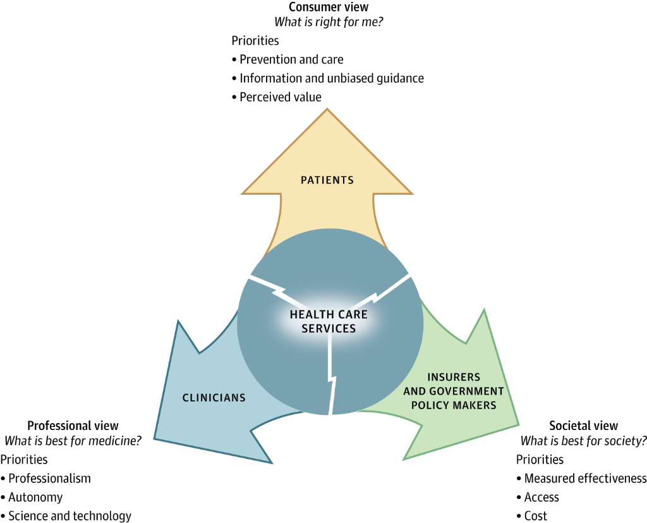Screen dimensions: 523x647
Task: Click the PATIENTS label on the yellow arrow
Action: [327, 180]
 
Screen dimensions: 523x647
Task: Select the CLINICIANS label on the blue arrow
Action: [214, 398]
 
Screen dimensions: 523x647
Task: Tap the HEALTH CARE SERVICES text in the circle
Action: [329, 321]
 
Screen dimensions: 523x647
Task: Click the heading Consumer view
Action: [328, 8]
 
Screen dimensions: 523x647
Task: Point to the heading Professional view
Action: [73, 426]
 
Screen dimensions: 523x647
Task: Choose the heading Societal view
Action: [583, 426]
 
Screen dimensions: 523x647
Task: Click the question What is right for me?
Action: [328, 22]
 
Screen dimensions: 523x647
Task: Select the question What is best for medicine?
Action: [73, 441]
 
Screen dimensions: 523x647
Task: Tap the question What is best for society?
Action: [583, 441]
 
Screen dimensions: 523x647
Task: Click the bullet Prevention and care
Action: [291, 59]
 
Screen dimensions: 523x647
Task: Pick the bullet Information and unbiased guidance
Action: [331, 78]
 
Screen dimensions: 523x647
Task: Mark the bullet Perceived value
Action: [280, 97]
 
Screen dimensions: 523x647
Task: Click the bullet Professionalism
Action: [49, 479]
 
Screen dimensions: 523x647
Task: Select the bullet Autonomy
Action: [35, 498]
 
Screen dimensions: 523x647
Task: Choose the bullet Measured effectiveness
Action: [585, 479]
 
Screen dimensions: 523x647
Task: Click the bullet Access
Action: [541, 498]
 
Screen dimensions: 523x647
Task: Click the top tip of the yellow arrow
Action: [327, 110]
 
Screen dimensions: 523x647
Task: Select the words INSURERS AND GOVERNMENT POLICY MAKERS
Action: [454, 391]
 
